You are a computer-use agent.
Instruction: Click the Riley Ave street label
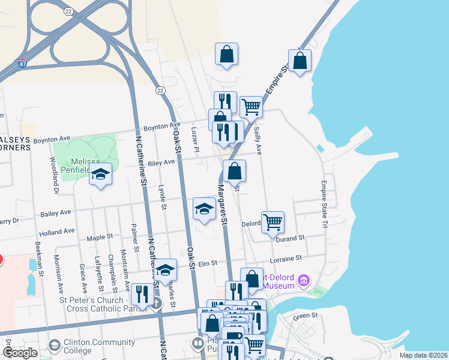coord(161,162)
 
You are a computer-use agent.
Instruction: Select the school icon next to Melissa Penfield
coord(100,175)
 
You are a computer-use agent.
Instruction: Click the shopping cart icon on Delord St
coord(273,222)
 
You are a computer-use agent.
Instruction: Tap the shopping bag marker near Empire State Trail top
coord(300,61)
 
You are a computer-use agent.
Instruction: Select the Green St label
coord(304,316)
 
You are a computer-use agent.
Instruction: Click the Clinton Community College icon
coord(55,345)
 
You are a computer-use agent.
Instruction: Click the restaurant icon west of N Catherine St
coord(142,294)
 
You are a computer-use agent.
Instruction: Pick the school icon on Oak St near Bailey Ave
coord(204,209)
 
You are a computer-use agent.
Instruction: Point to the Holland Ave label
coord(57,230)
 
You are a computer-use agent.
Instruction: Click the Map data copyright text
coord(423,355)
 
